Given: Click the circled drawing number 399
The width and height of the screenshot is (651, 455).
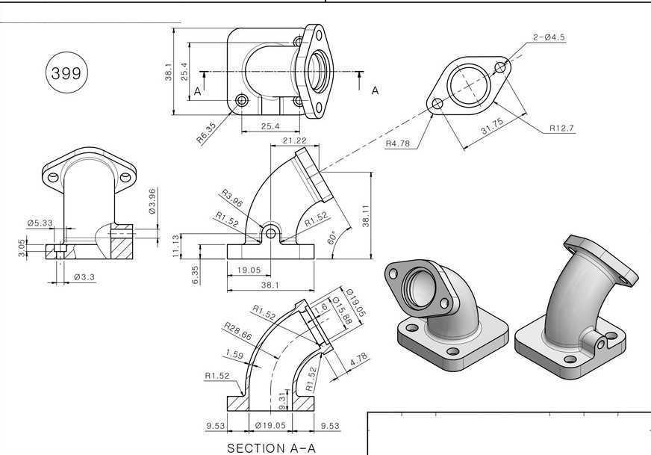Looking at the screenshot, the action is [66, 73].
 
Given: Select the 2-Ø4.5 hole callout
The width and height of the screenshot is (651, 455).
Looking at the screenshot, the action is [549, 37].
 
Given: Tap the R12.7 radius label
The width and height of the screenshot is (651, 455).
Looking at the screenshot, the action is [561, 128].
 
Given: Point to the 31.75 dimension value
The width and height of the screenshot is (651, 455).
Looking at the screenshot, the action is [493, 126].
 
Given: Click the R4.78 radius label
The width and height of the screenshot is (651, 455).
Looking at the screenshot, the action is [398, 143].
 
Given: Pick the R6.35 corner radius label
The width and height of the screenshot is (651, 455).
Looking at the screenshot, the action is [206, 133].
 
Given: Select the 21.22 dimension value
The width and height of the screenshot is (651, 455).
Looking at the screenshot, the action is [294, 140].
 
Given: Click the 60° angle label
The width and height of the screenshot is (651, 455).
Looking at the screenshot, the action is [331, 239].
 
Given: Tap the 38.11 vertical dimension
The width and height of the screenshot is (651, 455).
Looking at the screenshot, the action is [366, 216].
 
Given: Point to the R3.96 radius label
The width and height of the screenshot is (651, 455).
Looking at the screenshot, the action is [231, 198].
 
